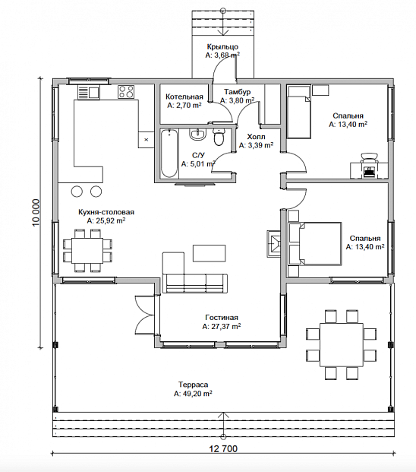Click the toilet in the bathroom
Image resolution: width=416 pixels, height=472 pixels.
219,137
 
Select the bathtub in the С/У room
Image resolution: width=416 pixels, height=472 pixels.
169,154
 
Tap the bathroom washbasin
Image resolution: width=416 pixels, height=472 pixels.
198,134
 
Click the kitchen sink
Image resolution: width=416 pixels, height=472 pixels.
88,92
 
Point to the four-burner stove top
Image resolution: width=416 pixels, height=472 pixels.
126,92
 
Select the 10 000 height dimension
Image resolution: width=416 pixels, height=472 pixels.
36,213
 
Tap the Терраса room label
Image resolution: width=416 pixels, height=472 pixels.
193,385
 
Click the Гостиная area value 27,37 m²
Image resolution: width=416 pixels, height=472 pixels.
222,327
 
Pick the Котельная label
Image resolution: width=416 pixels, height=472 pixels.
184,97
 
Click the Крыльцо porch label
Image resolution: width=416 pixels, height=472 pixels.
222,46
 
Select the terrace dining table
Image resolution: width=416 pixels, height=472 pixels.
342,344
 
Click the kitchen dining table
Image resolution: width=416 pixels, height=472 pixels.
87,251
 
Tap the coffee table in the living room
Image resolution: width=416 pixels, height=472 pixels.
210,253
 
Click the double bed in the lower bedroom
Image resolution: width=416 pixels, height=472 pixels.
315,244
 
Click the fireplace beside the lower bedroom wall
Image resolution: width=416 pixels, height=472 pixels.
274,243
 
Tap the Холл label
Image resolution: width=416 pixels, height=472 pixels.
256,137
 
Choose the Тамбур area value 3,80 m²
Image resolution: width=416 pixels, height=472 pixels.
238,100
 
